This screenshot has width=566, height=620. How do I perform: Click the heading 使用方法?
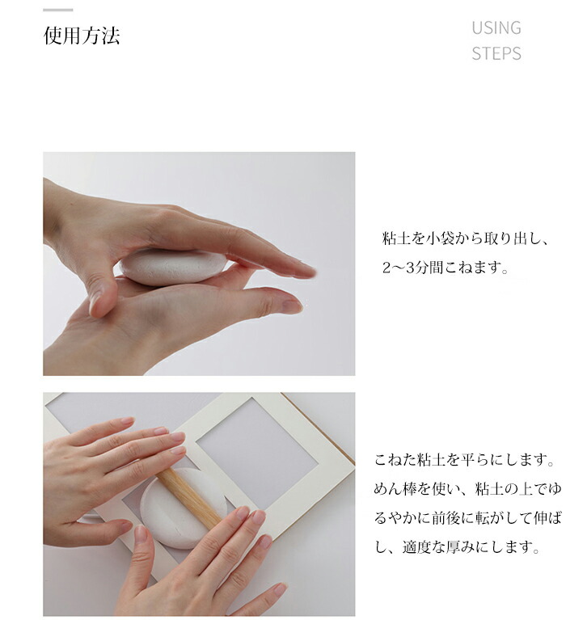(x=81, y=36)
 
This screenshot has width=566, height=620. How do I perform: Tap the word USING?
(x=496, y=27)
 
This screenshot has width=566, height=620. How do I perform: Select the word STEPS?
(x=496, y=53)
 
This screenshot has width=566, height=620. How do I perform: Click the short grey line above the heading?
(x=57, y=10)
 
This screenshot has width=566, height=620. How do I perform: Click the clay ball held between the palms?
(x=172, y=266)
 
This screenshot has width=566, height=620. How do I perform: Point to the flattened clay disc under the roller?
(x=183, y=508)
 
